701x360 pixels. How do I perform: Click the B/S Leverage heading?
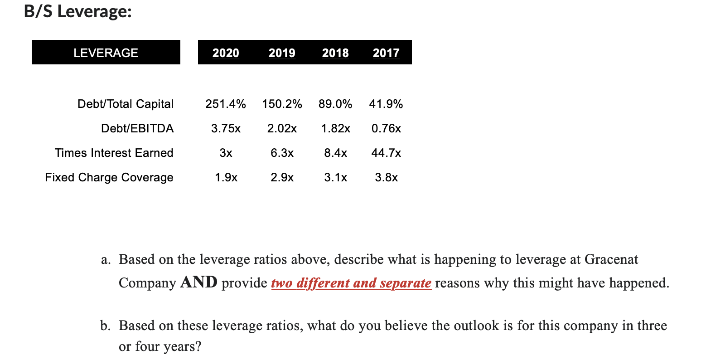(77, 11)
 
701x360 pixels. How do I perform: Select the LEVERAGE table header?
(106, 53)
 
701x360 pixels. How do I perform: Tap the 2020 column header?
(226, 53)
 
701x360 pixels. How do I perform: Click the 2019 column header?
(282, 53)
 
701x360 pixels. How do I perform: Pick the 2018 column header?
(335, 53)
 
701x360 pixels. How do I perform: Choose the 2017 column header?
(386, 53)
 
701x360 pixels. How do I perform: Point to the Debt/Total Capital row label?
(126, 104)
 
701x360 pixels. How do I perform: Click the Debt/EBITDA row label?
(137, 128)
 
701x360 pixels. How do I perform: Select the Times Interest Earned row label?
(114, 153)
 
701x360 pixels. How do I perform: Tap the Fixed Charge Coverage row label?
(109, 177)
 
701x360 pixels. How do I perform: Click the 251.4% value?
(226, 104)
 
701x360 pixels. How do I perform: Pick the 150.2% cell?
(282, 104)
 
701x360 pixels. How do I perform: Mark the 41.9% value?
(386, 104)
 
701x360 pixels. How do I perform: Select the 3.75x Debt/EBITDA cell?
(226, 128)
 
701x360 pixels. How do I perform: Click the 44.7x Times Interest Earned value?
(386, 153)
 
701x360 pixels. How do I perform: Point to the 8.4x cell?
(335, 153)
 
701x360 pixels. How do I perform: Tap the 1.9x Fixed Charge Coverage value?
(226, 177)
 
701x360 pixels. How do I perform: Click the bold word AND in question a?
(198, 282)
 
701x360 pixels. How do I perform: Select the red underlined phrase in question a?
(351, 283)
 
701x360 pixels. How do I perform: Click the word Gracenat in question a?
(611, 259)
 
